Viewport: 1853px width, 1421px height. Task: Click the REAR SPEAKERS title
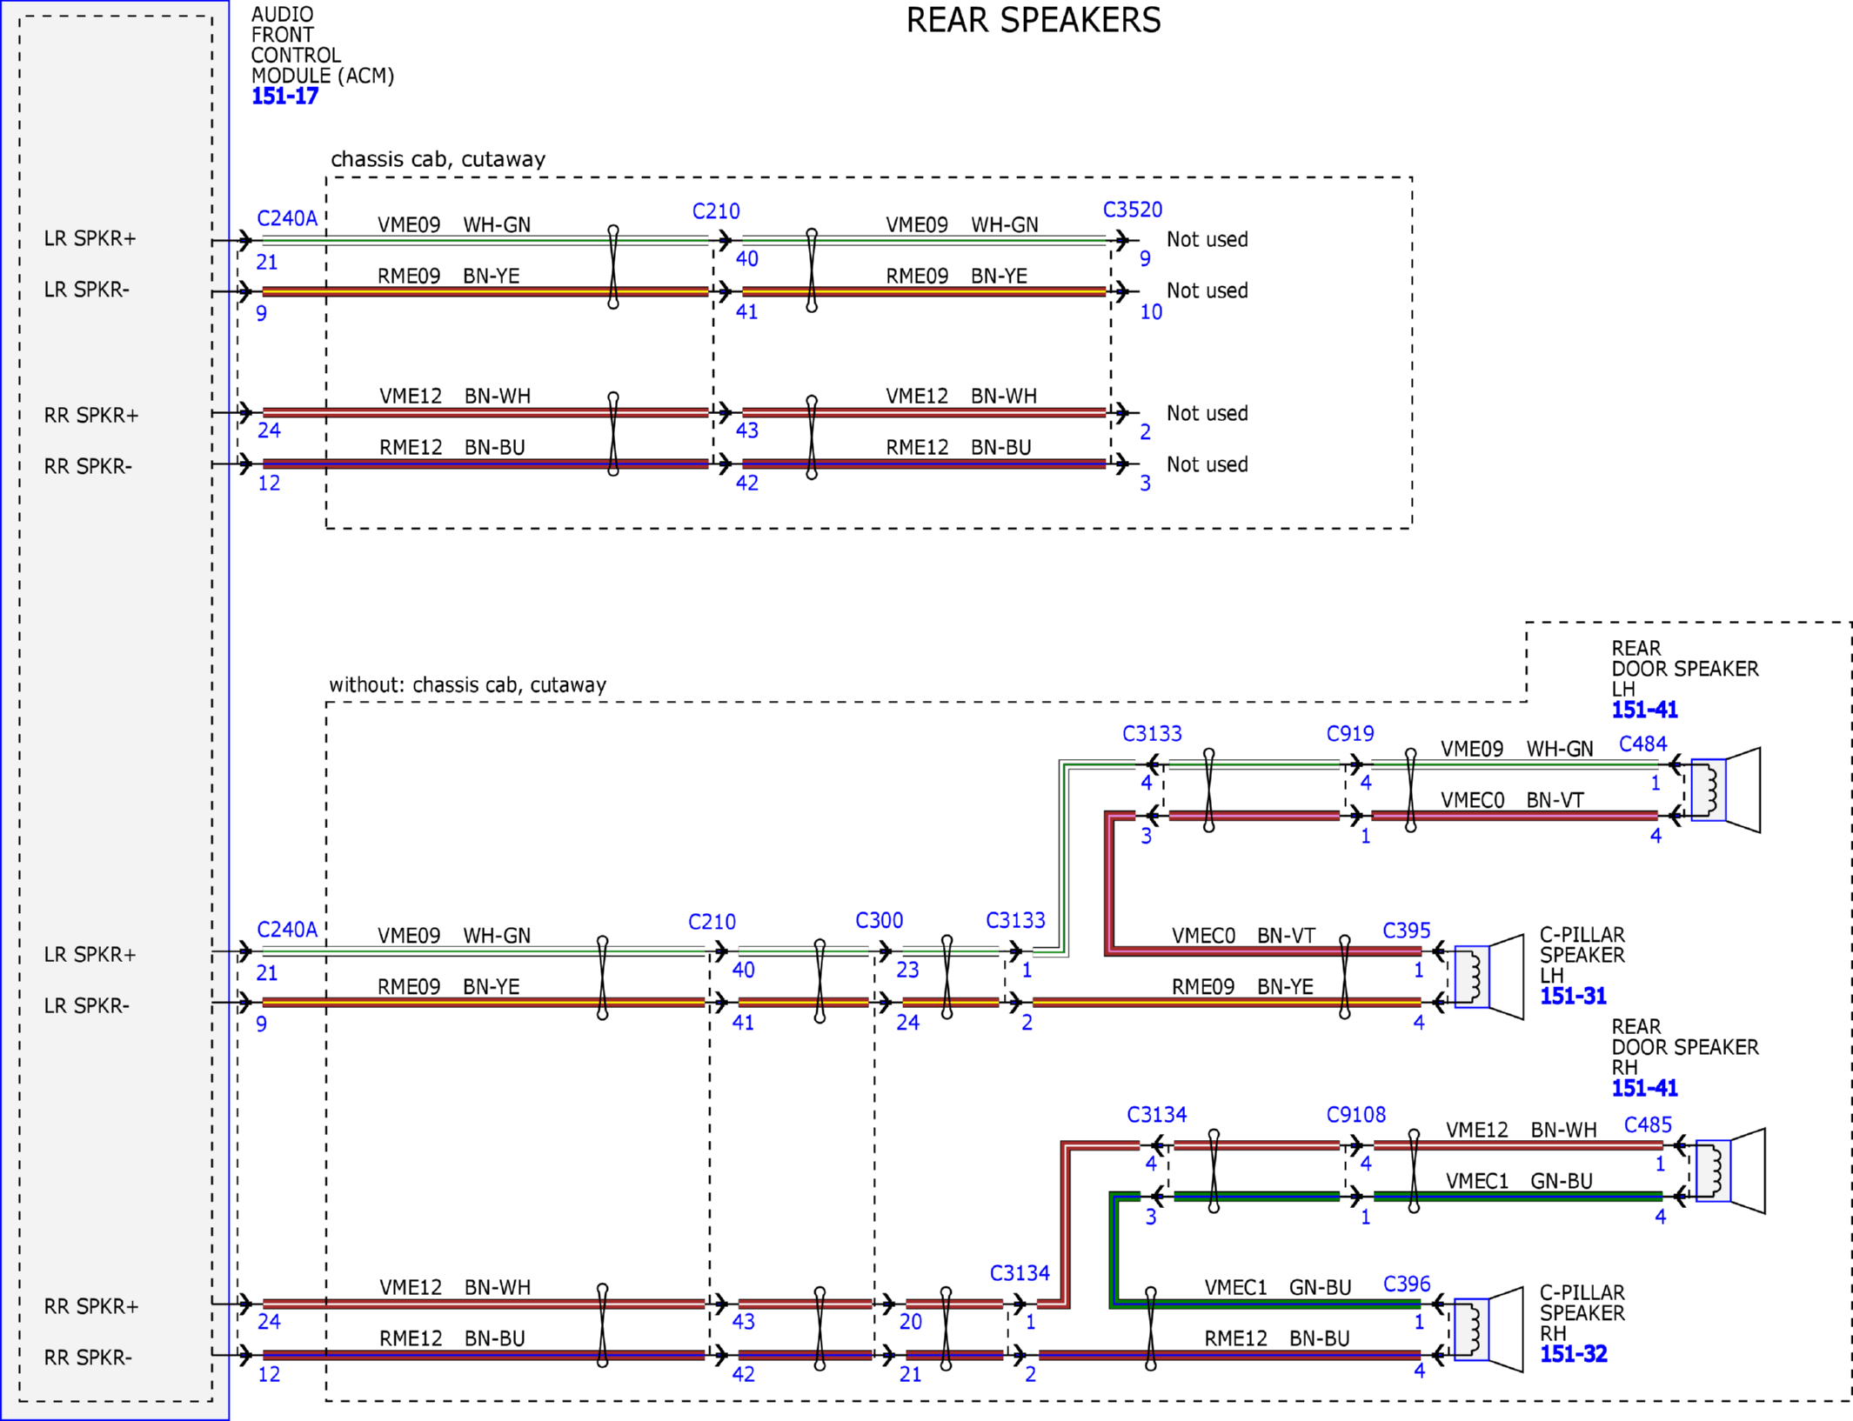[x=1033, y=20]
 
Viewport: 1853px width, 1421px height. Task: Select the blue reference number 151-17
[x=284, y=97]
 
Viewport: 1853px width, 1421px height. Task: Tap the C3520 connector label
[x=1132, y=210]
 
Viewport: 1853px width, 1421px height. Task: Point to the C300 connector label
[x=879, y=920]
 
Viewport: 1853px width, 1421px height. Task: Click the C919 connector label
[x=1349, y=734]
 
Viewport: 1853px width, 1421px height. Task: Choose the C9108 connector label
[x=1355, y=1115]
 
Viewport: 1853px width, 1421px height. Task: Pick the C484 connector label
[x=1642, y=744]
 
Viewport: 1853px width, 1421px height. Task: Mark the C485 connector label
[x=1648, y=1125]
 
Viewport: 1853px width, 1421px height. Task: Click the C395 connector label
[x=1407, y=931]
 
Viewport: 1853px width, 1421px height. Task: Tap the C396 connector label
[x=1407, y=1284]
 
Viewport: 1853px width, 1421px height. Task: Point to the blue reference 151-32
[x=1573, y=1354]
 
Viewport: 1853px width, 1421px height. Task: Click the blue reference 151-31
[x=1573, y=996]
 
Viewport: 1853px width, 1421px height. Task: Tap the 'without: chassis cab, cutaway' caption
[x=467, y=685]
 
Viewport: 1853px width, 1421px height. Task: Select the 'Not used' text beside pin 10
[x=1207, y=290]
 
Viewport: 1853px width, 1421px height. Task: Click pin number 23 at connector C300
[x=907, y=970]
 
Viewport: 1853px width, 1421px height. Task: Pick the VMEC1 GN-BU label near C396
[x=1277, y=1287]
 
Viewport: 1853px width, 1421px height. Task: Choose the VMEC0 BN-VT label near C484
[x=1512, y=800]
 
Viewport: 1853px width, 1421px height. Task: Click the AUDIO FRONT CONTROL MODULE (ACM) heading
[x=323, y=45]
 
